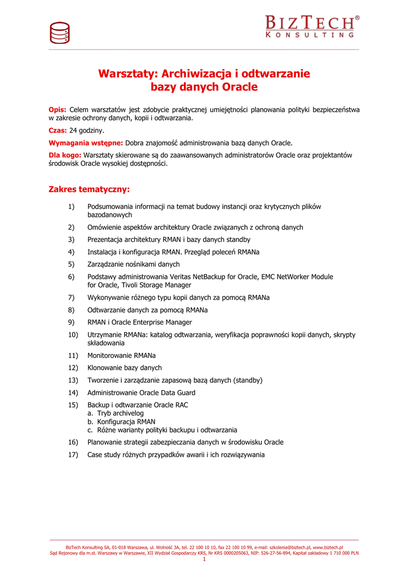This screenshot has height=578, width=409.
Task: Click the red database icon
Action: pyautogui.click(x=59, y=32)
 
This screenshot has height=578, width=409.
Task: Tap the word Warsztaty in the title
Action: pyautogui.click(x=128, y=74)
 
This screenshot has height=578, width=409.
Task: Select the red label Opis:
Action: pyautogui.click(x=58, y=109)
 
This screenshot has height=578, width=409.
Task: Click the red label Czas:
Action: pyautogui.click(x=58, y=130)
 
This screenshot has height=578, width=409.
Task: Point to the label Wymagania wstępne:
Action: pyautogui.click(x=86, y=143)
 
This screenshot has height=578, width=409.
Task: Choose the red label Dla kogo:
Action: pyautogui.click(x=65, y=155)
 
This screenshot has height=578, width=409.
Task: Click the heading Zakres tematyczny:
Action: pyautogui.click(x=89, y=189)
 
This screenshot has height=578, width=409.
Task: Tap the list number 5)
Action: pyautogui.click(x=72, y=264)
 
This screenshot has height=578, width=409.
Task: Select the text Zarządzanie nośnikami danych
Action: pyautogui.click(x=133, y=264)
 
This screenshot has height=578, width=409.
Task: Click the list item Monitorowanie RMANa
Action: pyautogui.click(x=121, y=356)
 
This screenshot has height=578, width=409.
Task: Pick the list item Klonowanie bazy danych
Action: pyautogui.click(x=124, y=367)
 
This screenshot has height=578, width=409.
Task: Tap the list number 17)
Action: pyautogui.click(x=73, y=454)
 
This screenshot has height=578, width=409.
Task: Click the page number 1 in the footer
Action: pyautogui.click(x=204, y=559)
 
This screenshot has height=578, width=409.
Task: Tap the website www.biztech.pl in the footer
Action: pyautogui.click(x=328, y=548)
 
